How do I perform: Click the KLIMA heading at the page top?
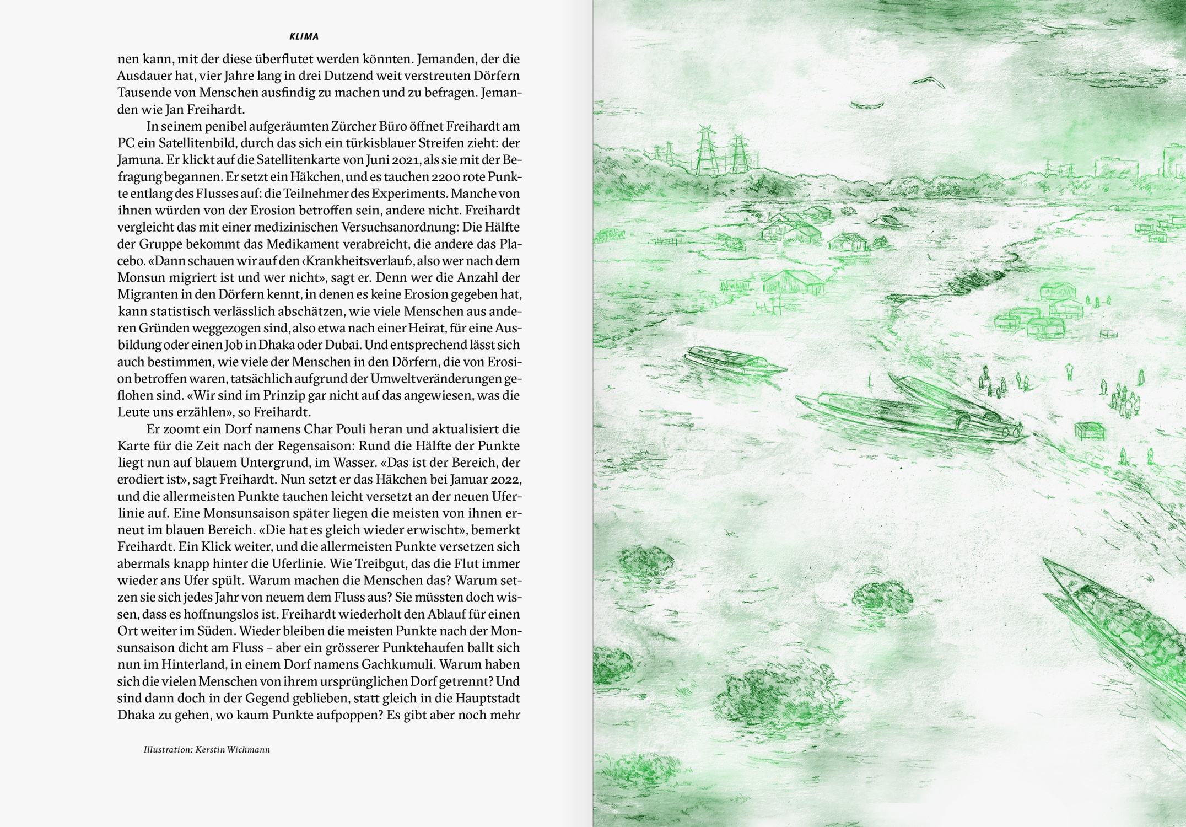(304, 37)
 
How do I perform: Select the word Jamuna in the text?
(135, 160)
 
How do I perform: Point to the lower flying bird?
(866, 105)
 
